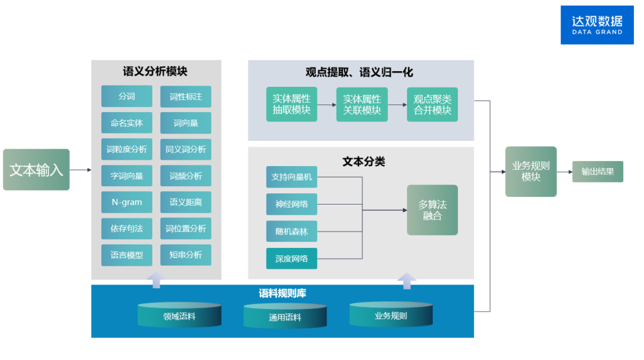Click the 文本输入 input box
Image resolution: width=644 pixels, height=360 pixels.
point(36,170)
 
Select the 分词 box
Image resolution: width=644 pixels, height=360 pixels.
point(126,96)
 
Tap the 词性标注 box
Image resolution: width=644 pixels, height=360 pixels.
point(186,96)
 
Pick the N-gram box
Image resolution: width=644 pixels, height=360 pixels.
point(126,202)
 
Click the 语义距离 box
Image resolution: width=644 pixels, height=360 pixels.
point(186,202)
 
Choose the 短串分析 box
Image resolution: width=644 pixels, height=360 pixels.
point(186,255)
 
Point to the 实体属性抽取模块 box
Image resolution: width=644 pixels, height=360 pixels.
point(291,104)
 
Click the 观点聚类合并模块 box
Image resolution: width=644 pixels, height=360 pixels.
point(432,104)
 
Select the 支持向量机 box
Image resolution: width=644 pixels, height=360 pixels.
point(291,177)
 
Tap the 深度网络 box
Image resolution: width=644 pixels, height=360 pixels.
point(291,259)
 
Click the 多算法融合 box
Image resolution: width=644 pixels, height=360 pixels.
point(432,210)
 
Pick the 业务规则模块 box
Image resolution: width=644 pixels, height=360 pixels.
point(531,171)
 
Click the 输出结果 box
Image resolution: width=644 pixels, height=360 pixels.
point(597,171)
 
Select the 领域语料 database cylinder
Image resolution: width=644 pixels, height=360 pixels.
point(179,315)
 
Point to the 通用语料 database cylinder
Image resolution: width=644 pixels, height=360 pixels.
point(285,317)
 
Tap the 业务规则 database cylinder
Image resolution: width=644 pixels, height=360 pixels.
point(391,315)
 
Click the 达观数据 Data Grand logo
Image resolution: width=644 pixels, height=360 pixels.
point(597,25)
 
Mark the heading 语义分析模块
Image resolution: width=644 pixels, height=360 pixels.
point(155,71)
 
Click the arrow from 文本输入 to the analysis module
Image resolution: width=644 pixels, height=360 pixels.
point(80,170)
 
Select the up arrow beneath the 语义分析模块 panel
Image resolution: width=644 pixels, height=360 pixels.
point(156,279)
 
